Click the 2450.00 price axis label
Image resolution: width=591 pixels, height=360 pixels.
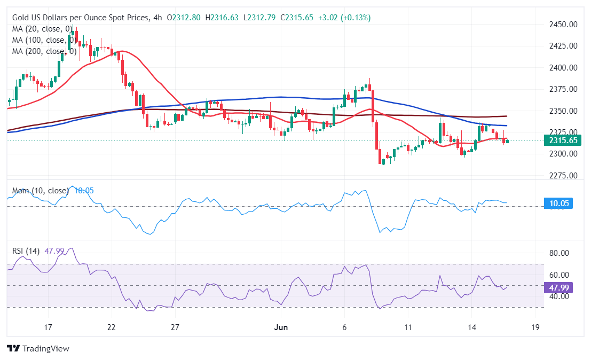(564, 25)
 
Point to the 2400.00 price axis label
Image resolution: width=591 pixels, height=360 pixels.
(564, 68)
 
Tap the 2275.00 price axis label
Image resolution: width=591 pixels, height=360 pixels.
(564, 176)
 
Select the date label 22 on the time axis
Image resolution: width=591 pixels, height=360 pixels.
(111, 327)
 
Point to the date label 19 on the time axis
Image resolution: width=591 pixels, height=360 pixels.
(535, 327)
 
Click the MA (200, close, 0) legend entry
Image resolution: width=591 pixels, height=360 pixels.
(44, 51)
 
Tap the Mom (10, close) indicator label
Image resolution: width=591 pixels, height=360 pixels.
(41, 191)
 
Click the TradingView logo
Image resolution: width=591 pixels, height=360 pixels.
(38, 348)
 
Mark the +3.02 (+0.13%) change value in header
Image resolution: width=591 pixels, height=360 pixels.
(344, 18)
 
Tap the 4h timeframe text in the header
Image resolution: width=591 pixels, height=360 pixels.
(157, 18)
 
